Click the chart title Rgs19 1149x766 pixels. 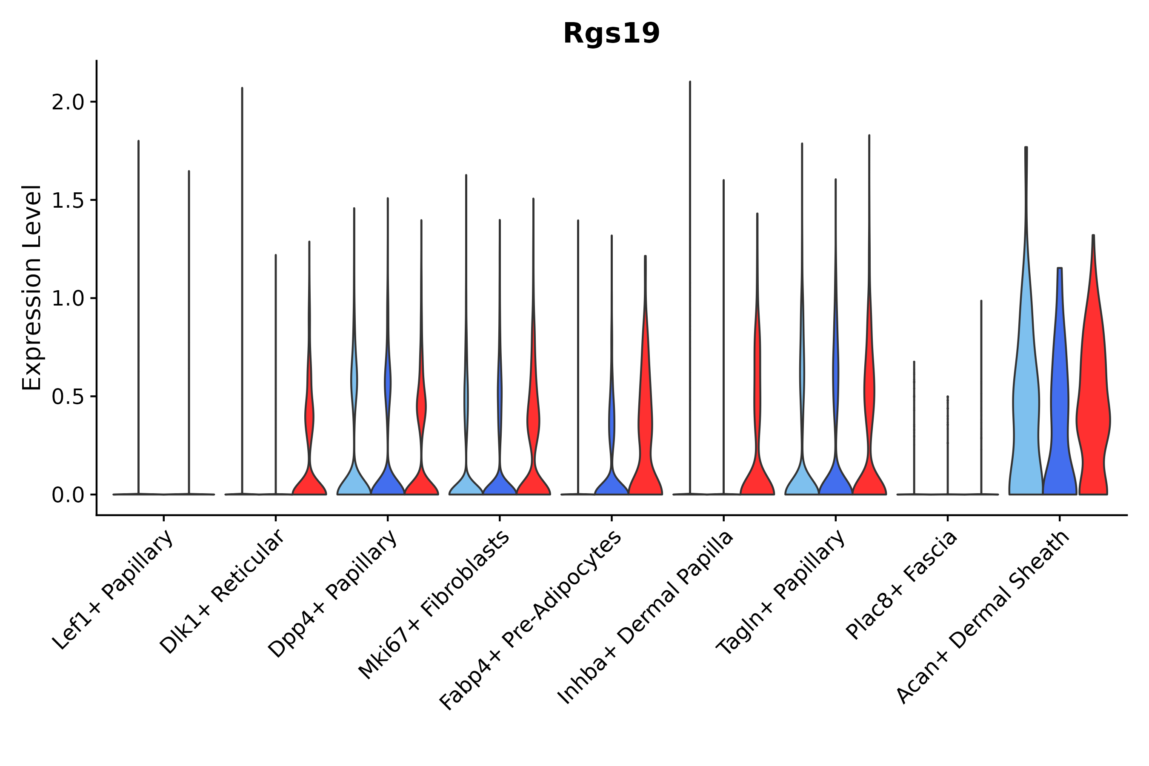[x=611, y=34]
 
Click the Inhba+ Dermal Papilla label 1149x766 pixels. [x=645, y=617]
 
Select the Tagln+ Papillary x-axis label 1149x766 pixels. [x=780, y=592]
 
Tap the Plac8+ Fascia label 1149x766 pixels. [x=902, y=585]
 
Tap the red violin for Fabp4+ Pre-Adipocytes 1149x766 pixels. [x=645, y=415]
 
